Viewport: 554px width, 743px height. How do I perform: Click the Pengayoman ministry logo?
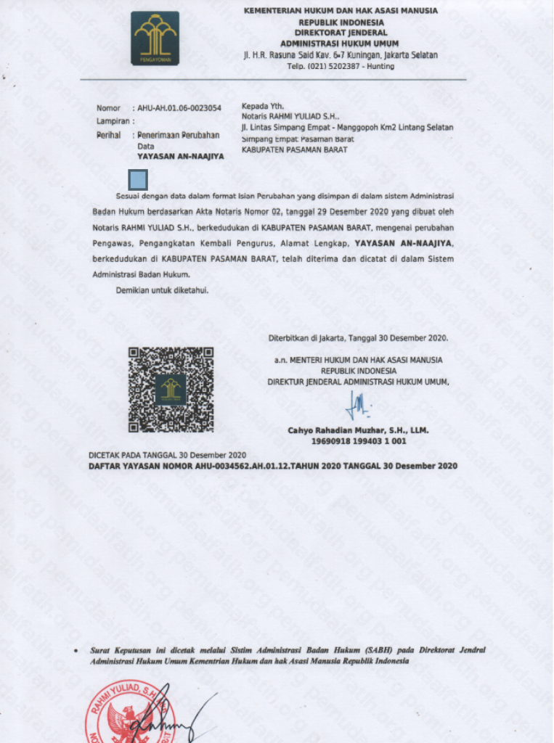click(155, 38)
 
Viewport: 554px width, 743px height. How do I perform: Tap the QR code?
click(171, 389)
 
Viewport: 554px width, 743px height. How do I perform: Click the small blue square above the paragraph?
click(137, 180)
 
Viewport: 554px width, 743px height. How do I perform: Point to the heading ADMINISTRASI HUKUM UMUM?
click(341, 42)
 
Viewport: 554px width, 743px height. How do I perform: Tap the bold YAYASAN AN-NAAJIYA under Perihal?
click(181, 156)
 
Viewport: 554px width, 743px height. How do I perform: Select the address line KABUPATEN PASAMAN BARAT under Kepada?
click(294, 149)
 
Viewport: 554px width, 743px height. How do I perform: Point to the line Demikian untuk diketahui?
click(163, 290)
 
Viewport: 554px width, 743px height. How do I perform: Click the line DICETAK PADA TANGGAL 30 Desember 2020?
click(168, 454)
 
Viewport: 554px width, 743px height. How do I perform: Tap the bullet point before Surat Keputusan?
click(77, 651)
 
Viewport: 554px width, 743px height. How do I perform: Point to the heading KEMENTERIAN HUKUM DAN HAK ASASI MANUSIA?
click(341, 11)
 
